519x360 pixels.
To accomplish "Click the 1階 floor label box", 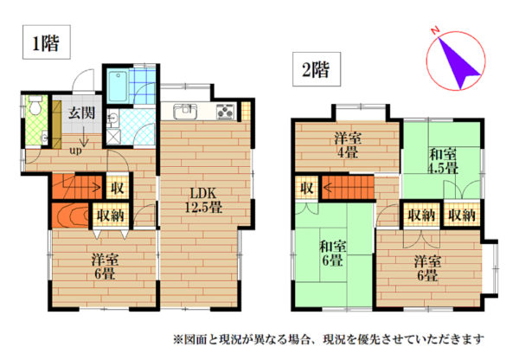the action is point(47,42).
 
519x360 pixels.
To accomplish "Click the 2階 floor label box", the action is point(317,69).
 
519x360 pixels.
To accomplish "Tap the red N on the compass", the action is point(435,31).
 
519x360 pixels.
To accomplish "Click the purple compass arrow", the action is point(458,63).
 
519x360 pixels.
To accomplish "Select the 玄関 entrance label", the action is point(82,113).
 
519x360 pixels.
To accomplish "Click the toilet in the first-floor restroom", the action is point(35,105).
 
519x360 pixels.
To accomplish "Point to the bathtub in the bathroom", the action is point(117,87).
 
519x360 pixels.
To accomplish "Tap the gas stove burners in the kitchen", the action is point(226,112).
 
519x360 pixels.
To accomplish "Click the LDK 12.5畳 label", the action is point(203,200).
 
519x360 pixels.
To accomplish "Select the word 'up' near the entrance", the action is point(75,151).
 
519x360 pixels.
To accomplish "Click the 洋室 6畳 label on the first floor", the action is point(105,267).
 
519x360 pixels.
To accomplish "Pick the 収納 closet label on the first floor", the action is point(110,216).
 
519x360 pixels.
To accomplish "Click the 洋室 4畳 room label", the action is point(347,145).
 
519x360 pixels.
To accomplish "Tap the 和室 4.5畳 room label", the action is point(443,161).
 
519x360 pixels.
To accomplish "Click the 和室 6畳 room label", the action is point(333,254).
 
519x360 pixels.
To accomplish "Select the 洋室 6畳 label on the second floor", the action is point(427,268).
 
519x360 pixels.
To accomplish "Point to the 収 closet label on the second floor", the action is point(306,188).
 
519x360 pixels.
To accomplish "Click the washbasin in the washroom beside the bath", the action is point(113,119).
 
